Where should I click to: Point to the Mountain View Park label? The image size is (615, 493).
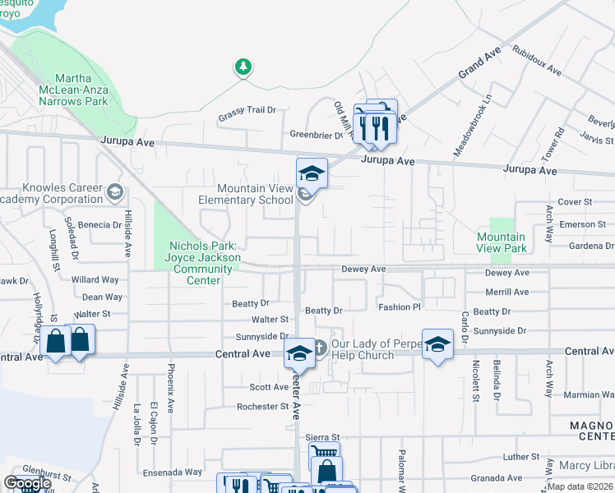pyautogui.click(x=502, y=242)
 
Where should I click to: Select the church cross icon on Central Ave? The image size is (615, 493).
pyautogui.click(x=319, y=348)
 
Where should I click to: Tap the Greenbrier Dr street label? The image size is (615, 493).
pyautogui.click(x=315, y=135)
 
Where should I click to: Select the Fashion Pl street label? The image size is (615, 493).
pyautogui.click(x=399, y=306)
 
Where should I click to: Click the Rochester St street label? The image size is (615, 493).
pyautogui.click(x=262, y=406)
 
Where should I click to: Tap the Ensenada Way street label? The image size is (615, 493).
pyautogui.click(x=172, y=472)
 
